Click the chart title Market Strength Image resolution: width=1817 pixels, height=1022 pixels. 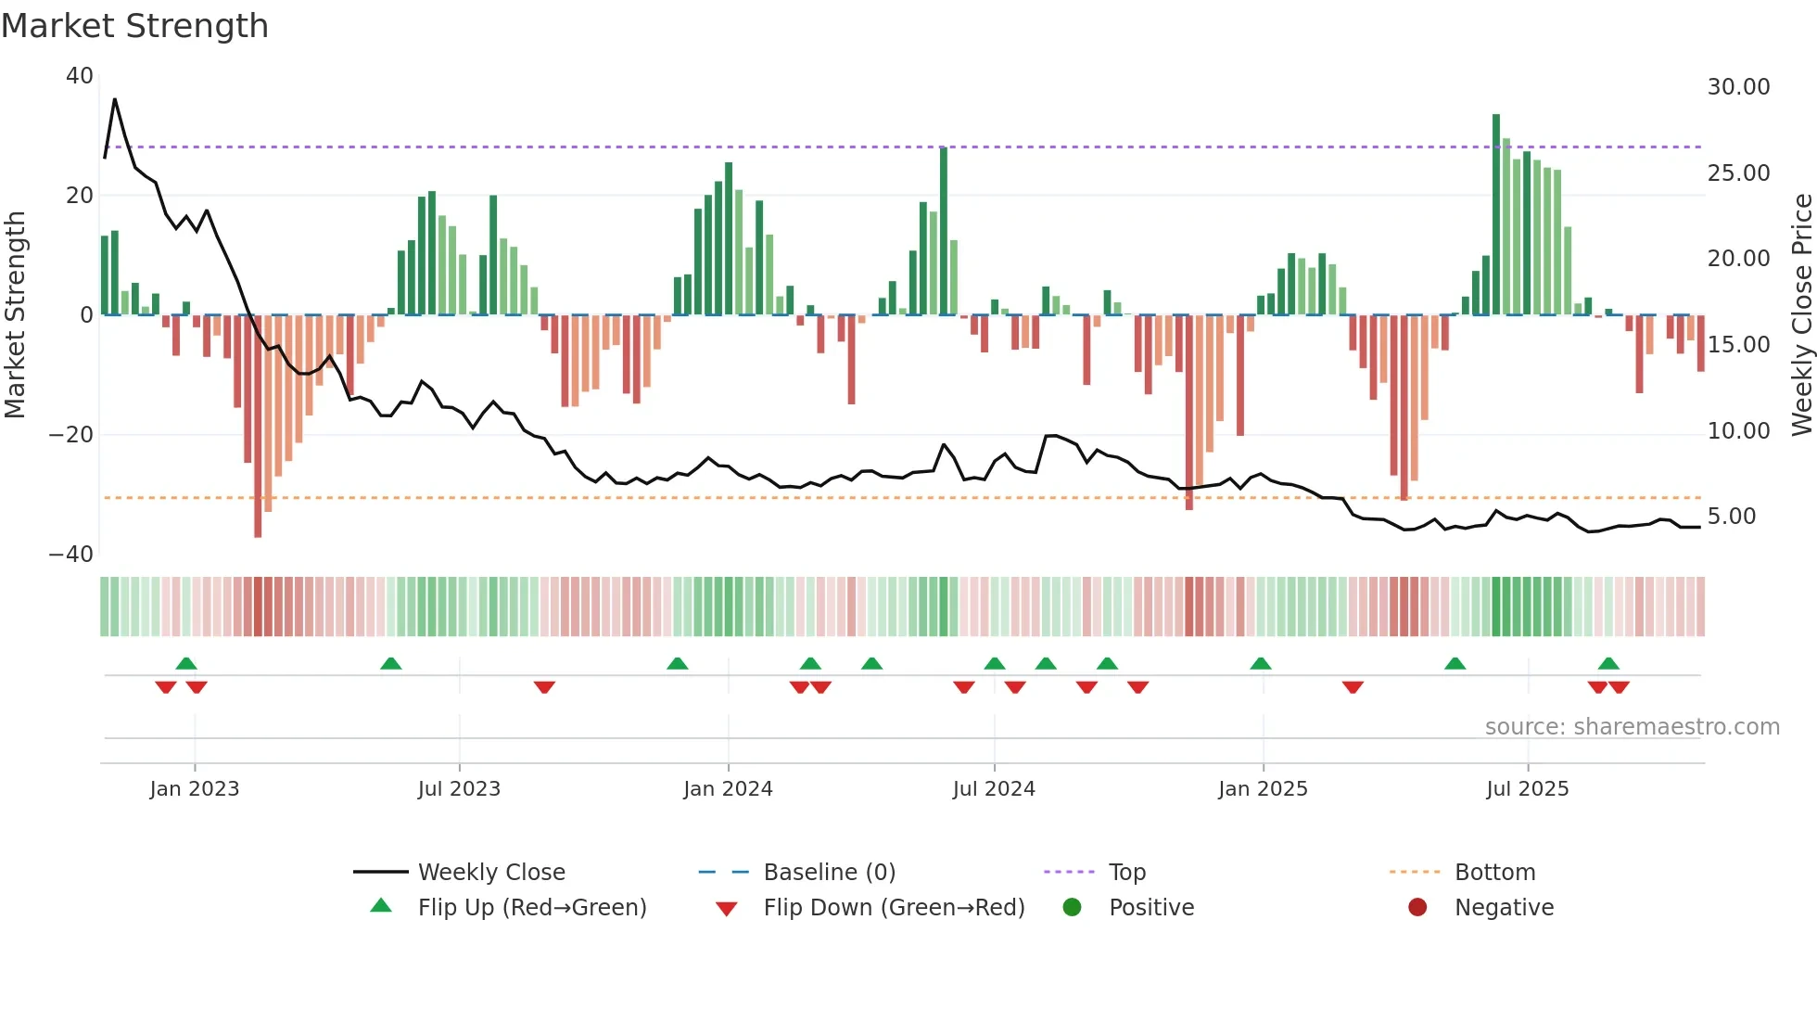(x=134, y=26)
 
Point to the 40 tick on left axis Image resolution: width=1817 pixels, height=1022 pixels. (x=80, y=76)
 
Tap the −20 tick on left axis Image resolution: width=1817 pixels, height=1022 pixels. (x=71, y=434)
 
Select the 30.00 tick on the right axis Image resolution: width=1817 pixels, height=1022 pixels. (x=1738, y=87)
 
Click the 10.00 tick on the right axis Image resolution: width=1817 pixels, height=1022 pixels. (x=1738, y=431)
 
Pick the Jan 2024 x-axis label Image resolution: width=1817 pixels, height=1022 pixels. (x=728, y=789)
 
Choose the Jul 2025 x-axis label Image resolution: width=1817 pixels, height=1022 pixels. (x=1527, y=789)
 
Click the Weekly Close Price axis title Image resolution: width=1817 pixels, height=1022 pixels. (x=1801, y=315)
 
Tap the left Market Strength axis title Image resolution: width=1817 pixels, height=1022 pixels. (x=16, y=315)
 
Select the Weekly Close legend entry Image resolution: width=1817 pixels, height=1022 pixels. (x=490, y=873)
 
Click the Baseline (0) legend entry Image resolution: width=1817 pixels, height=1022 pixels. (x=829, y=873)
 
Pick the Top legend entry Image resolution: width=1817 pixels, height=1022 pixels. (x=1126, y=873)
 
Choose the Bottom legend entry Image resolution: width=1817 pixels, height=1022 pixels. (x=1494, y=873)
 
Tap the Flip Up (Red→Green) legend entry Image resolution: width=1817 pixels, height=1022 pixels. (x=531, y=908)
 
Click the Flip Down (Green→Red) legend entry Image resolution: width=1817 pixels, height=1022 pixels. (x=894, y=908)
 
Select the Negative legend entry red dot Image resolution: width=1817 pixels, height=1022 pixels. (x=1417, y=907)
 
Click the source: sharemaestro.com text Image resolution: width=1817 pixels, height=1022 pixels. (x=1632, y=727)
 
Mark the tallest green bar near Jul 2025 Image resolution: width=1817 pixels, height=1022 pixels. (x=1496, y=213)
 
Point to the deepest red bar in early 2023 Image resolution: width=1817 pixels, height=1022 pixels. (x=258, y=427)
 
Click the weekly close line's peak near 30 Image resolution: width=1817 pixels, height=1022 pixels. (x=115, y=99)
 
